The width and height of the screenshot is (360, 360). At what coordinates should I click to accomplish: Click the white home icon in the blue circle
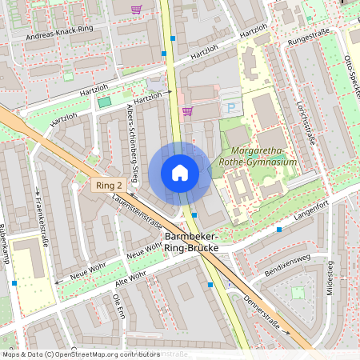180,173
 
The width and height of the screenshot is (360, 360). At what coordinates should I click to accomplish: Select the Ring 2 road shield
108,186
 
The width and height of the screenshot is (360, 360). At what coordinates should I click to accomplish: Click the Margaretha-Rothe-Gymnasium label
262,156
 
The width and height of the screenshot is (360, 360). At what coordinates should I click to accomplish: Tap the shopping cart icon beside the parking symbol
188,111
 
